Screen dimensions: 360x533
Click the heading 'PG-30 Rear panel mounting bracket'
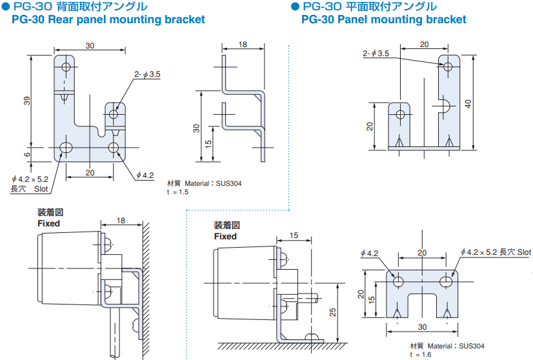point(108,19)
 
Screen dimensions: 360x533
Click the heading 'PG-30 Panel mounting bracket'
point(383,19)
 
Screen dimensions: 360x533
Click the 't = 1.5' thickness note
point(177,192)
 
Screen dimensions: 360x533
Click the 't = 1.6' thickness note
point(421,355)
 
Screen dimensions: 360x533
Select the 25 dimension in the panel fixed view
point(333,312)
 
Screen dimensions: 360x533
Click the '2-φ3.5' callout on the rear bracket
point(147,75)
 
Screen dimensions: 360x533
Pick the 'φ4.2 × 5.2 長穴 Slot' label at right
point(496,252)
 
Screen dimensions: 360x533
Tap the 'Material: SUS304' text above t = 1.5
point(204,183)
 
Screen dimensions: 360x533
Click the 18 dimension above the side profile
point(243,45)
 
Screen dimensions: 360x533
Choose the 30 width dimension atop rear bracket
point(90,45)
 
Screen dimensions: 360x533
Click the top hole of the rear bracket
point(65,66)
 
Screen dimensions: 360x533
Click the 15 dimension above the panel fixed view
point(294,235)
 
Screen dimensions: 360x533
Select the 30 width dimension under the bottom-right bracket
point(421,327)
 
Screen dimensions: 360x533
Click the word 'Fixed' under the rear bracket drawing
point(48,223)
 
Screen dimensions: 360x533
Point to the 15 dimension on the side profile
point(208,143)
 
